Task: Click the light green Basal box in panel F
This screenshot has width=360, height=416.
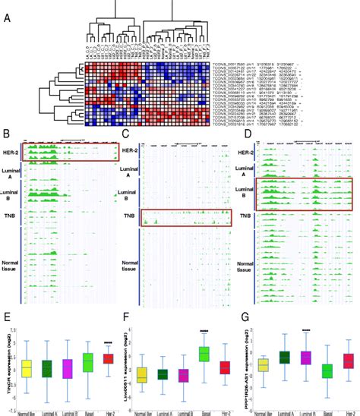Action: click(204, 354)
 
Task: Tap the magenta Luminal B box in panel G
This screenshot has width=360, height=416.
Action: click(307, 358)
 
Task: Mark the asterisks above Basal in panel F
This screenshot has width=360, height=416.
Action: click(204, 331)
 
